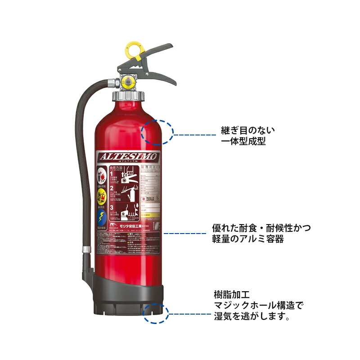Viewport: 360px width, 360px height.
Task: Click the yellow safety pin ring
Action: pyautogui.click(x=134, y=49)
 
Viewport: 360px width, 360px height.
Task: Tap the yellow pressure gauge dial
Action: pyautogui.click(x=128, y=82)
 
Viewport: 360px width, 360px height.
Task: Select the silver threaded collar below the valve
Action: pyautogui.click(x=128, y=96)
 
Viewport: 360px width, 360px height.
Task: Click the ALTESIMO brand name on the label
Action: pyautogui.click(x=128, y=157)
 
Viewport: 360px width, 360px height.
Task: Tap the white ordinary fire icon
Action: pyautogui.click(x=102, y=175)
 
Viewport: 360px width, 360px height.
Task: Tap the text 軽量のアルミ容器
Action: pyautogui.click(x=248, y=239)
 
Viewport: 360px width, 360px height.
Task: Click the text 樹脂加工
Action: pyautogui.click(x=231, y=295)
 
